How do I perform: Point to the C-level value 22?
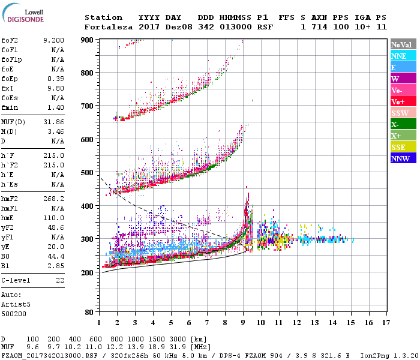(x=59, y=281)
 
